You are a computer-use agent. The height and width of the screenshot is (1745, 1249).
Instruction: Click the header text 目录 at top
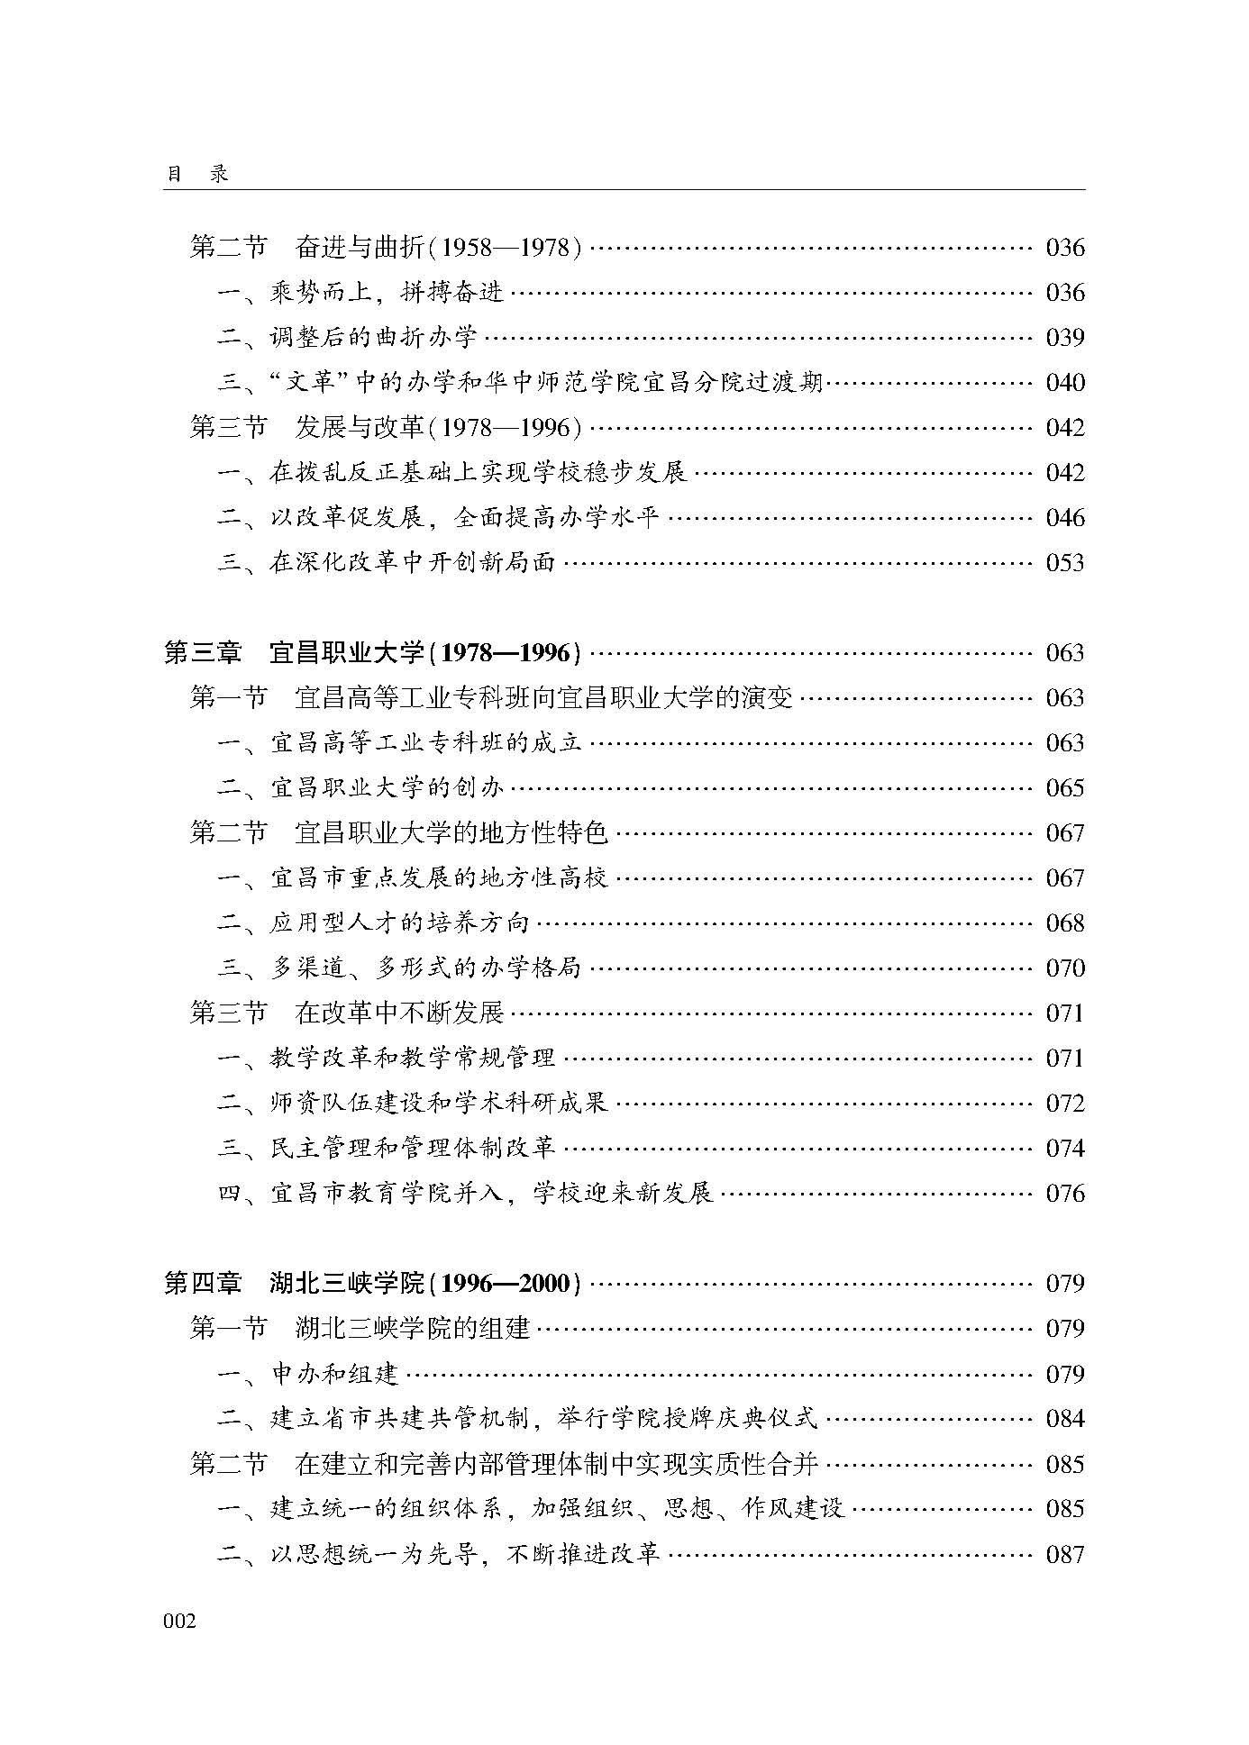[196, 174]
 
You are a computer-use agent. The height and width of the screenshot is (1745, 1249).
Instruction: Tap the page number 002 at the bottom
[179, 1621]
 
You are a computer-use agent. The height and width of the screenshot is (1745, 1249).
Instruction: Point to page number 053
[1064, 563]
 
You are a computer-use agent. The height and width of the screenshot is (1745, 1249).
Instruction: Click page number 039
[1064, 338]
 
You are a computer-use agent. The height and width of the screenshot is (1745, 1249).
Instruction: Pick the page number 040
[1064, 383]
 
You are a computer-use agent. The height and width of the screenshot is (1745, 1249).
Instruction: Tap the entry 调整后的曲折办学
[347, 338]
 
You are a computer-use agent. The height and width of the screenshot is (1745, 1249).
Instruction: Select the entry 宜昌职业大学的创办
[360, 788]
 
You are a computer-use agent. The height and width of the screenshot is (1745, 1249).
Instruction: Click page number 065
[1064, 788]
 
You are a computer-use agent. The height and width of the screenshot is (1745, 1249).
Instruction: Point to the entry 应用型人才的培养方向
[373, 923]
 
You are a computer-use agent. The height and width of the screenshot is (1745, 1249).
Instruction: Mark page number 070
[1064, 968]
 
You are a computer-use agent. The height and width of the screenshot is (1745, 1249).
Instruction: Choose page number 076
[1064, 1194]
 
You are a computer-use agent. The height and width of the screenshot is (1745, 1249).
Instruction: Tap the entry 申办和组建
[308, 1374]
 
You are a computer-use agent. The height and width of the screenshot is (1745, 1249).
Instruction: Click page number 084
[1064, 1419]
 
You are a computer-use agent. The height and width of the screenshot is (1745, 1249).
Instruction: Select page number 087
[1064, 1554]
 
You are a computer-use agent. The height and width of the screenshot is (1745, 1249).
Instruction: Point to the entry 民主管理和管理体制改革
[387, 1149]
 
